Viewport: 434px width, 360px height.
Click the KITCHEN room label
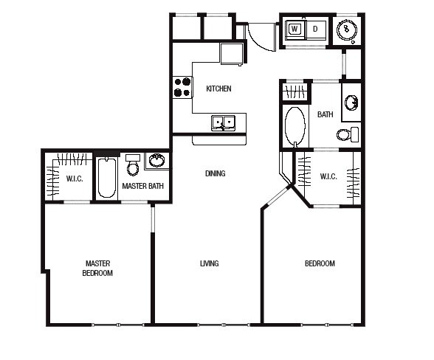(x=218, y=89)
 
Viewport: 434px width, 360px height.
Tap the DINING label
(x=216, y=173)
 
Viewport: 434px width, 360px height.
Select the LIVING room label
(x=210, y=263)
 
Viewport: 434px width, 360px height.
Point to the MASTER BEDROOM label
(x=97, y=268)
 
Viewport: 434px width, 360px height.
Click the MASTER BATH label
(x=143, y=186)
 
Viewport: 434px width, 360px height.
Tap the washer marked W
(x=294, y=29)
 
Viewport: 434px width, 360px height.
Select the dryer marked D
(x=315, y=29)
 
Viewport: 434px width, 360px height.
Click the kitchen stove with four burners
(x=183, y=87)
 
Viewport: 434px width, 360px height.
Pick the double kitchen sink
(x=223, y=123)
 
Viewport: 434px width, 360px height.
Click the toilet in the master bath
(x=133, y=165)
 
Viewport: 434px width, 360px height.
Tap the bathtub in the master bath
(x=106, y=177)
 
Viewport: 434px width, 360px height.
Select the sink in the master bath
(x=157, y=160)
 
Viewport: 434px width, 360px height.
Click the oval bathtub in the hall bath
(x=295, y=126)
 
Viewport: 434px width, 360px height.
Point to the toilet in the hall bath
(x=348, y=134)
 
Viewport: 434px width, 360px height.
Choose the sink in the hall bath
(x=351, y=103)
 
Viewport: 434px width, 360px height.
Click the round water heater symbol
(x=347, y=29)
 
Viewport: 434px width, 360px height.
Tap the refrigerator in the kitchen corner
(x=232, y=54)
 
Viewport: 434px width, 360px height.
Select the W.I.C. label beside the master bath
(x=75, y=179)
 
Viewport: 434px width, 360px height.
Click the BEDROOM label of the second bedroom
(x=320, y=263)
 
